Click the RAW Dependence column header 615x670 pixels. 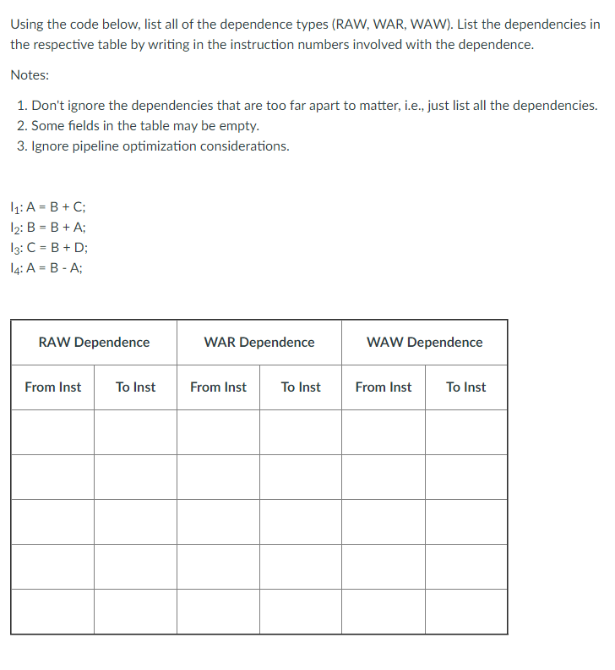[x=94, y=343]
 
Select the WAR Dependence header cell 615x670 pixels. [x=259, y=343]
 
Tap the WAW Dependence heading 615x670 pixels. [x=425, y=343]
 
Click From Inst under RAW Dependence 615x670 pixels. [x=53, y=387]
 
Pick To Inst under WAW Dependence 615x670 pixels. [x=466, y=387]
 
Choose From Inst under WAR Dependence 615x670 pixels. [x=218, y=387]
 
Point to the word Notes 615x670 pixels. [x=30, y=75]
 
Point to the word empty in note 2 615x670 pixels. [x=239, y=126]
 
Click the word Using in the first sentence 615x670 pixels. [x=28, y=24]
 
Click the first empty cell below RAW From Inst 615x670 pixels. [x=52, y=432]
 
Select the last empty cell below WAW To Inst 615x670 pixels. [x=466, y=612]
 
